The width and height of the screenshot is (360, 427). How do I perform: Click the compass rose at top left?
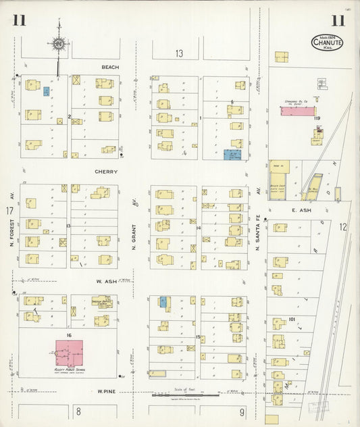pos(59,44)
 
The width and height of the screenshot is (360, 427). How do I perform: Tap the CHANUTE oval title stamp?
pos(328,42)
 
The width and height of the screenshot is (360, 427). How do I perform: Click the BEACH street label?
pos(110,68)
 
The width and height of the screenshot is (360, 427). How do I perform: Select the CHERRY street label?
pos(106,172)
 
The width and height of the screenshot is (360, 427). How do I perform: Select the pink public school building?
pos(70,353)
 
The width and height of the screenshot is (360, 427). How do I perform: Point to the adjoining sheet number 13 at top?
pos(179,53)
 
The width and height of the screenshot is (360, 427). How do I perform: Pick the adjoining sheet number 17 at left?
pos(9,211)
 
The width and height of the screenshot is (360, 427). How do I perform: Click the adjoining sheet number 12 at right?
pos(343,227)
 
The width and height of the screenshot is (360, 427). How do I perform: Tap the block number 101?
pos(292,319)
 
